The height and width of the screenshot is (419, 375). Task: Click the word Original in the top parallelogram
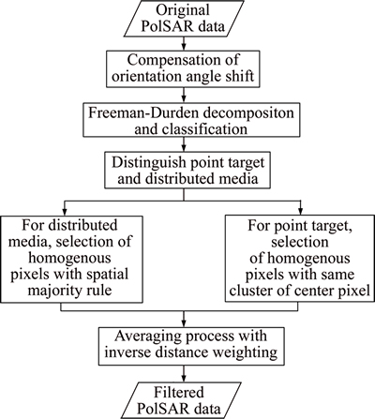(x=183, y=10)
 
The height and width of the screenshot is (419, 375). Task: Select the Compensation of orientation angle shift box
(x=183, y=68)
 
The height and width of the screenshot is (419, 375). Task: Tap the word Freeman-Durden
(x=143, y=112)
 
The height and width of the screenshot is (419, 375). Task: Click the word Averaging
(x=148, y=337)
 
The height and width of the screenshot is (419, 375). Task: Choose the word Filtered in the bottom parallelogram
(x=179, y=392)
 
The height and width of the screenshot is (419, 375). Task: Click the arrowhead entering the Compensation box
(x=184, y=47)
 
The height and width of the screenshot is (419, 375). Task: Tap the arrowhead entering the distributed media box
(x=65, y=212)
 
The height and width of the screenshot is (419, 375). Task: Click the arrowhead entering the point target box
(x=300, y=212)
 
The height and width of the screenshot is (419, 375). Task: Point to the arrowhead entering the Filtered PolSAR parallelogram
(x=184, y=378)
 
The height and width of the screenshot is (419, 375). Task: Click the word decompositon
(x=248, y=113)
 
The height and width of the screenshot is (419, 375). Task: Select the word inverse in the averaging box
(x=127, y=352)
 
